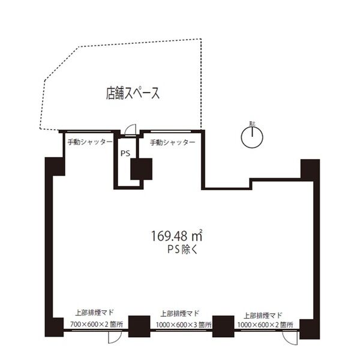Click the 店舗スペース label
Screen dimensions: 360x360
point(133,93)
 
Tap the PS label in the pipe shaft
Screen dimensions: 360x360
point(125,154)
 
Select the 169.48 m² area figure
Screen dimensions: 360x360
point(177,236)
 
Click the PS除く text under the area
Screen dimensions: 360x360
point(182,250)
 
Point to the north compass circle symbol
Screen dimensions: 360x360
point(252,137)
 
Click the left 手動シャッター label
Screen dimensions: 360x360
point(90,142)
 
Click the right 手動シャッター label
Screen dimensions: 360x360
point(173,143)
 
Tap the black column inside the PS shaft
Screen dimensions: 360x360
point(142,169)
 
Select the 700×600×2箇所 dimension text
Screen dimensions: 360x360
point(97,325)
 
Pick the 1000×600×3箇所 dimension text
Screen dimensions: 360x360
point(184,325)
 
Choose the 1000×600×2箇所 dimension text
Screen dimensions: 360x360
point(265,325)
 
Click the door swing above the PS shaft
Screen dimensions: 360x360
point(130,130)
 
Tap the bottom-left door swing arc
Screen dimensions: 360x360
point(115,337)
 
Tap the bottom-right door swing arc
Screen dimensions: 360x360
point(290,337)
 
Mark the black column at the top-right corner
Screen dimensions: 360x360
point(310,170)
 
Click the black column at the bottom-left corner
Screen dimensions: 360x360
point(54,327)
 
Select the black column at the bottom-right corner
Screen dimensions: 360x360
point(310,329)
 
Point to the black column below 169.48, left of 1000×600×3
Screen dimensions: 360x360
point(139,326)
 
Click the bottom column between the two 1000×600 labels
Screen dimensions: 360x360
point(223,326)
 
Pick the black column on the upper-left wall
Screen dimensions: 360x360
point(55,167)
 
